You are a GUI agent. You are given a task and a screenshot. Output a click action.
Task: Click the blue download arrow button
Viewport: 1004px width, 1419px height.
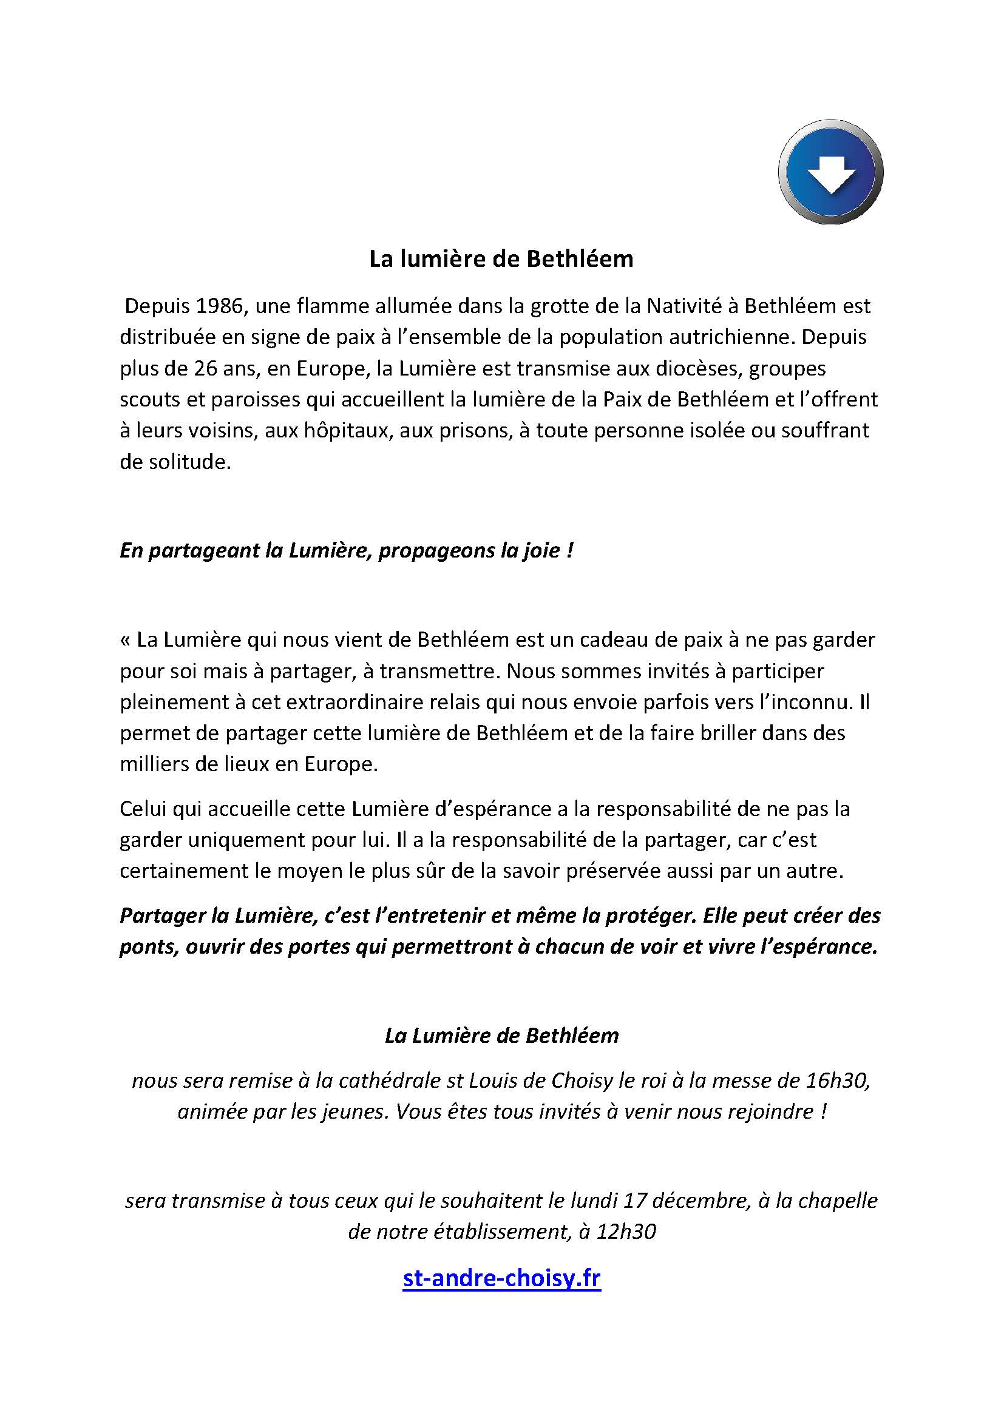830,171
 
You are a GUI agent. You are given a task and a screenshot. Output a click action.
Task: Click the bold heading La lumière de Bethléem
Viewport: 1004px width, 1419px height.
501,259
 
